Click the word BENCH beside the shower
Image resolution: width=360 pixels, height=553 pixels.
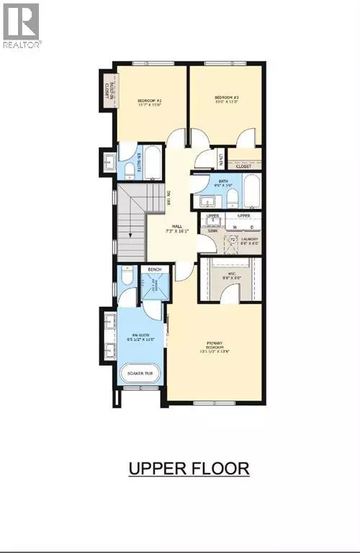(154, 270)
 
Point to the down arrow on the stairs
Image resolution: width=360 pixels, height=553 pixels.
(130, 236)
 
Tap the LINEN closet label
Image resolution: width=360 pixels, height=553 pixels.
(220, 157)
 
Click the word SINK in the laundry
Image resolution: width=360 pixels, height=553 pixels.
(212, 230)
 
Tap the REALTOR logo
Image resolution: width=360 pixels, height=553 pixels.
(22, 25)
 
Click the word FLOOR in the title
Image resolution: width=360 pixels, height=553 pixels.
(220, 468)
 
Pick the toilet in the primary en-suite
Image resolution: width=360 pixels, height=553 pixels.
(127, 277)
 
